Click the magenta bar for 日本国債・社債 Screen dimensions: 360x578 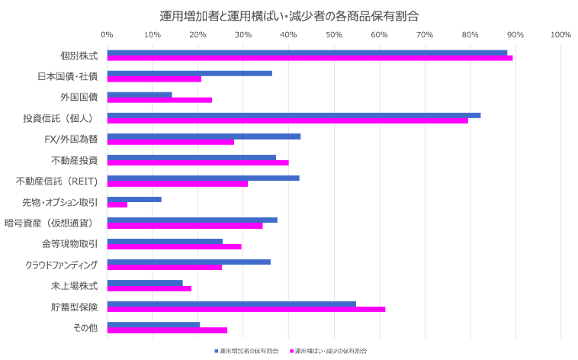pyautogui.click(x=155, y=79)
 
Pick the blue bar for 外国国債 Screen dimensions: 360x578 pyautogui.click(x=140, y=95)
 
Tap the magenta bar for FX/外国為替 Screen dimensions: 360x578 pyautogui.click(x=171, y=142)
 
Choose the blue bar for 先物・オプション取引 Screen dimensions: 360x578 pyautogui.click(x=134, y=199)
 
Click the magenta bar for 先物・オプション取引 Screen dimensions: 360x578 pyautogui.click(x=117, y=204)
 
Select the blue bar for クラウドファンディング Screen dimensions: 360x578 pyautogui.click(x=189, y=262)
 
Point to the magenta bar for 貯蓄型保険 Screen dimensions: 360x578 pyautogui.click(x=246, y=309)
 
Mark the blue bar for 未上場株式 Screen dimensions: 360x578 pyautogui.click(x=145, y=283)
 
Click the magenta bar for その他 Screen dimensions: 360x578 pyautogui.click(x=168, y=330)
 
